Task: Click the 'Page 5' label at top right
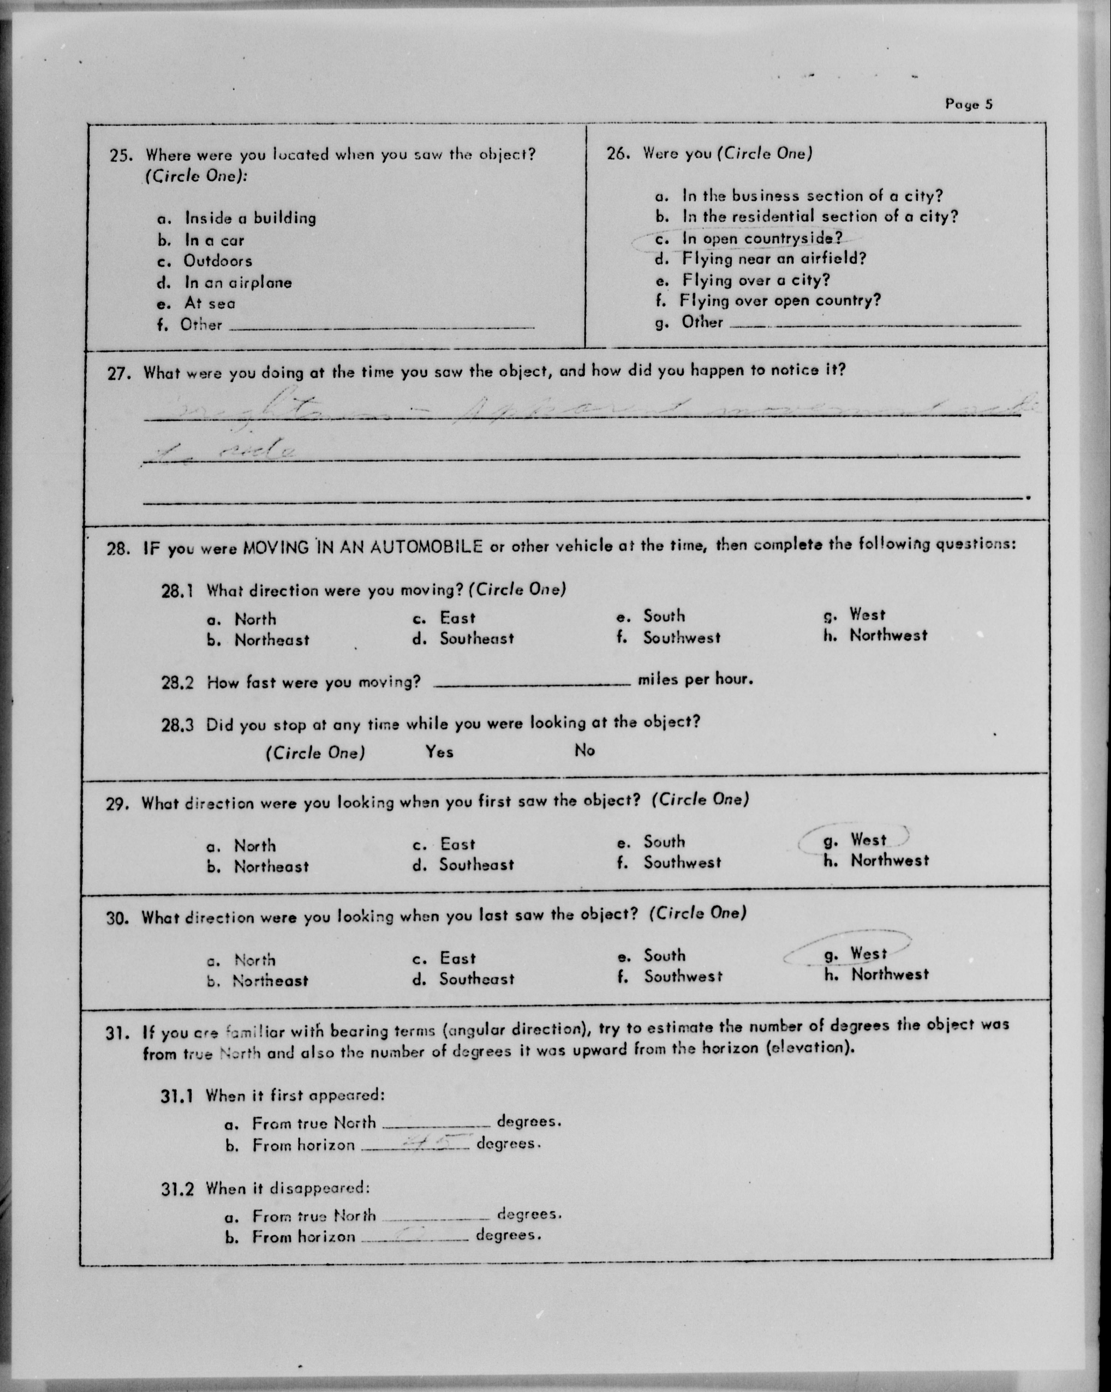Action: [x=968, y=104]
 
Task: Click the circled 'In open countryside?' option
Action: [x=762, y=238]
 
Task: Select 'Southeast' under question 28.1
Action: [x=477, y=639]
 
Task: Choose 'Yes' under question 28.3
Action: [x=439, y=752]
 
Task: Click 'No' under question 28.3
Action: [x=585, y=750]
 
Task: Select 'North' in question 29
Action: [x=255, y=846]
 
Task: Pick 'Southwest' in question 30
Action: [x=682, y=976]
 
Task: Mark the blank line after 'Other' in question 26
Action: [x=875, y=325]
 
